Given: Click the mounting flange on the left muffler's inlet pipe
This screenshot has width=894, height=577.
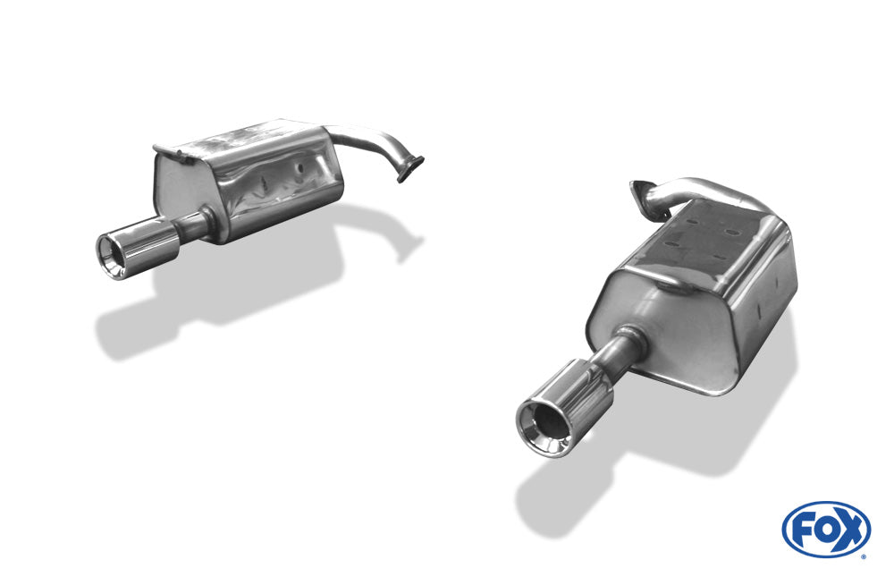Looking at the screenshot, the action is pyautogui.click(x=410, y=169).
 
